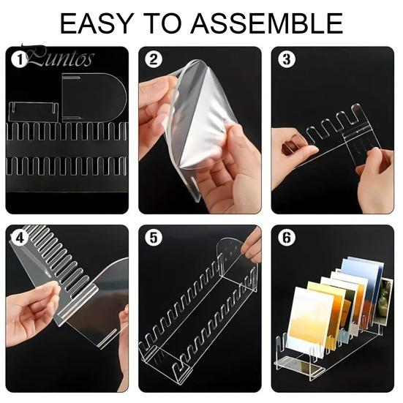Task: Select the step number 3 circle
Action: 285,59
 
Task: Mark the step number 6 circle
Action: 285,238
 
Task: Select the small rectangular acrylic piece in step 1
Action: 34,112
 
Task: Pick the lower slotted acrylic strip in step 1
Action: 66,167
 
